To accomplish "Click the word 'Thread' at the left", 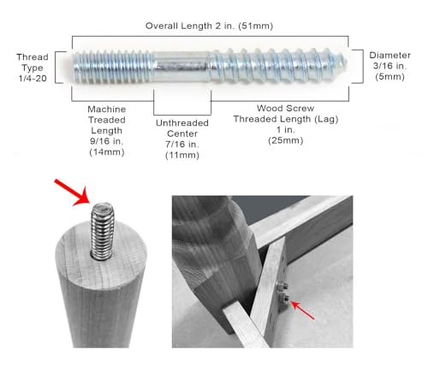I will click(x=33, y=57).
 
